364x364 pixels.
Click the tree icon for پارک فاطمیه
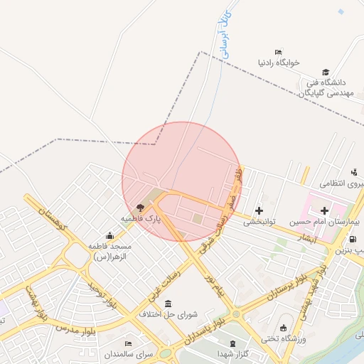[x=140, y=208]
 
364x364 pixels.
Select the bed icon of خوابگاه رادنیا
[x=278, y=51]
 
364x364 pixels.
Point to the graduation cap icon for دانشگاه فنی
[x=326, y=72]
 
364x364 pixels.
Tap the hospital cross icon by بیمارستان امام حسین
[x=325, y=210]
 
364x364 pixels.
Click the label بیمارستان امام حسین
[x=333, y=223]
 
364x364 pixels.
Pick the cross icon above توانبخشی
[x=259, y=210]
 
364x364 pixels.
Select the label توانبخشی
[x=259, y=222]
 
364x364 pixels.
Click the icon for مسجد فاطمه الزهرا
[x=109, y=235]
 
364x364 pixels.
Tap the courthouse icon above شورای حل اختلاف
[x=168, y=304]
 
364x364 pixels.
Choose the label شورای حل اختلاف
[x=168, y=314]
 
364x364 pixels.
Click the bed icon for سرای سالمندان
[x=129, y=343]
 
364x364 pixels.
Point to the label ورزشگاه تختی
[x=284, y=339]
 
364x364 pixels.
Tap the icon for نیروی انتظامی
[x=353, y=172]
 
